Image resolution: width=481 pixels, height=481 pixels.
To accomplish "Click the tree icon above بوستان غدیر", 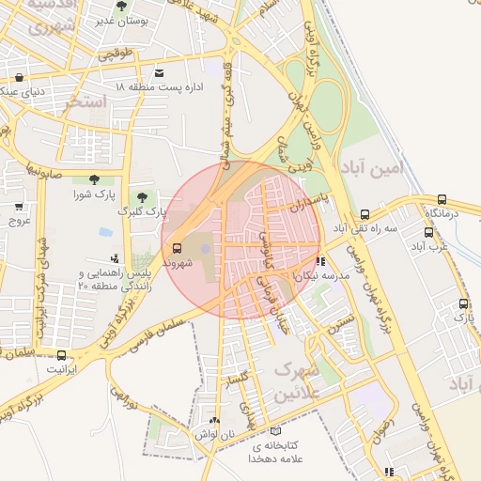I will [121, 7].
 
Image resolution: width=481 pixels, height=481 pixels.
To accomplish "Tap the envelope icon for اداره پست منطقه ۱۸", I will [159, 73].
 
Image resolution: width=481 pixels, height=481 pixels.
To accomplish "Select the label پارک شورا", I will [93, 194].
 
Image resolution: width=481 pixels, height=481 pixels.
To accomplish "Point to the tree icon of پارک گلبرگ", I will [142, 196].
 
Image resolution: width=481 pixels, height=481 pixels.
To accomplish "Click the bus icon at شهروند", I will [178, 248].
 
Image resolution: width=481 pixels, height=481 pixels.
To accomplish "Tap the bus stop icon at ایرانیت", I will [62, 355].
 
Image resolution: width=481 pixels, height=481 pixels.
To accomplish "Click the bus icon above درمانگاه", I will [442, 199].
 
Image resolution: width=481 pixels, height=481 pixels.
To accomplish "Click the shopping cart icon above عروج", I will [20, 206].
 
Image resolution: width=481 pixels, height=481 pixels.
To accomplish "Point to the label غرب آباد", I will [427, 246].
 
